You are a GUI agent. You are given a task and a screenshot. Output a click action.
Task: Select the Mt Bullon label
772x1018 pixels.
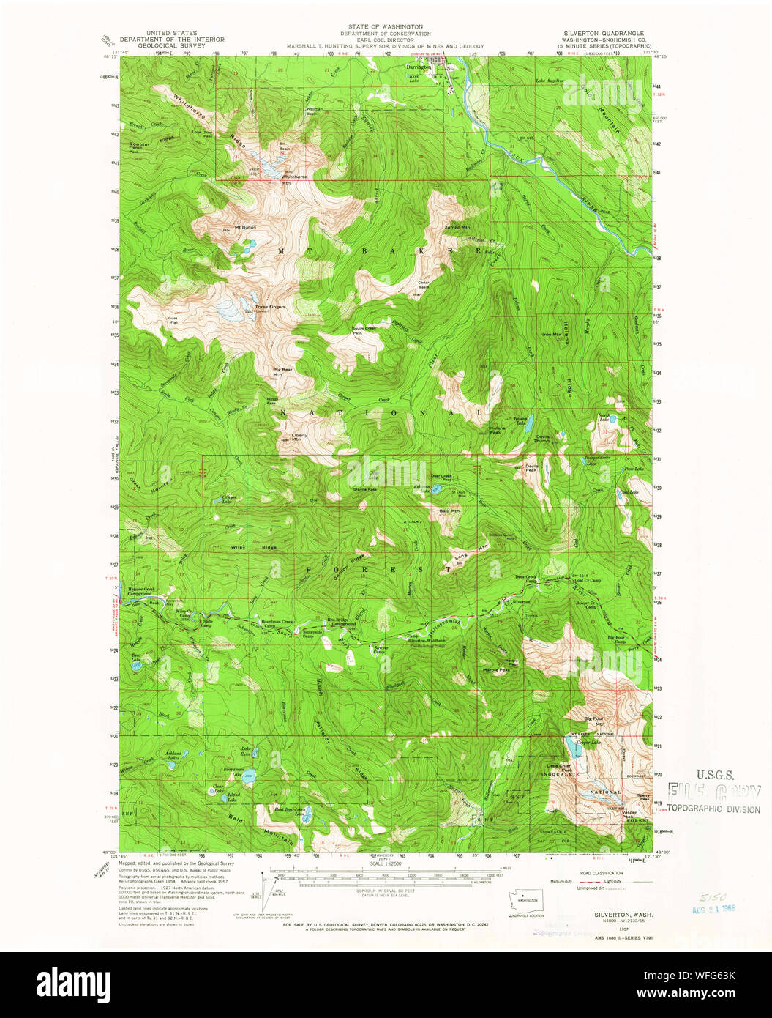tap(245, 228)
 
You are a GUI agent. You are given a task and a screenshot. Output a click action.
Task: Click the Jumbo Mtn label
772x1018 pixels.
tap(457, 228)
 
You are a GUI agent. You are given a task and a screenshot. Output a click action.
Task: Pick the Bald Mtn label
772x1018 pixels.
tap(449, 510)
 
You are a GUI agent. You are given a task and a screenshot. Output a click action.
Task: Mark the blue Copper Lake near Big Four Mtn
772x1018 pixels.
tap(569, 746)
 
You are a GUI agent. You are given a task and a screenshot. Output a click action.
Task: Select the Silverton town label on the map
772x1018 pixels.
tap(521, 601)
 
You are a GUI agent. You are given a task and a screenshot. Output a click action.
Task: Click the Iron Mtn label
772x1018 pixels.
tap(552, 335)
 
